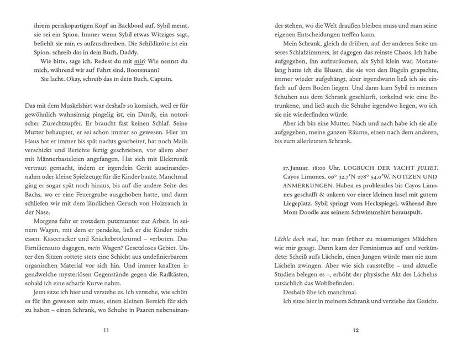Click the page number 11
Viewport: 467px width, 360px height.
tap(106, 331)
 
